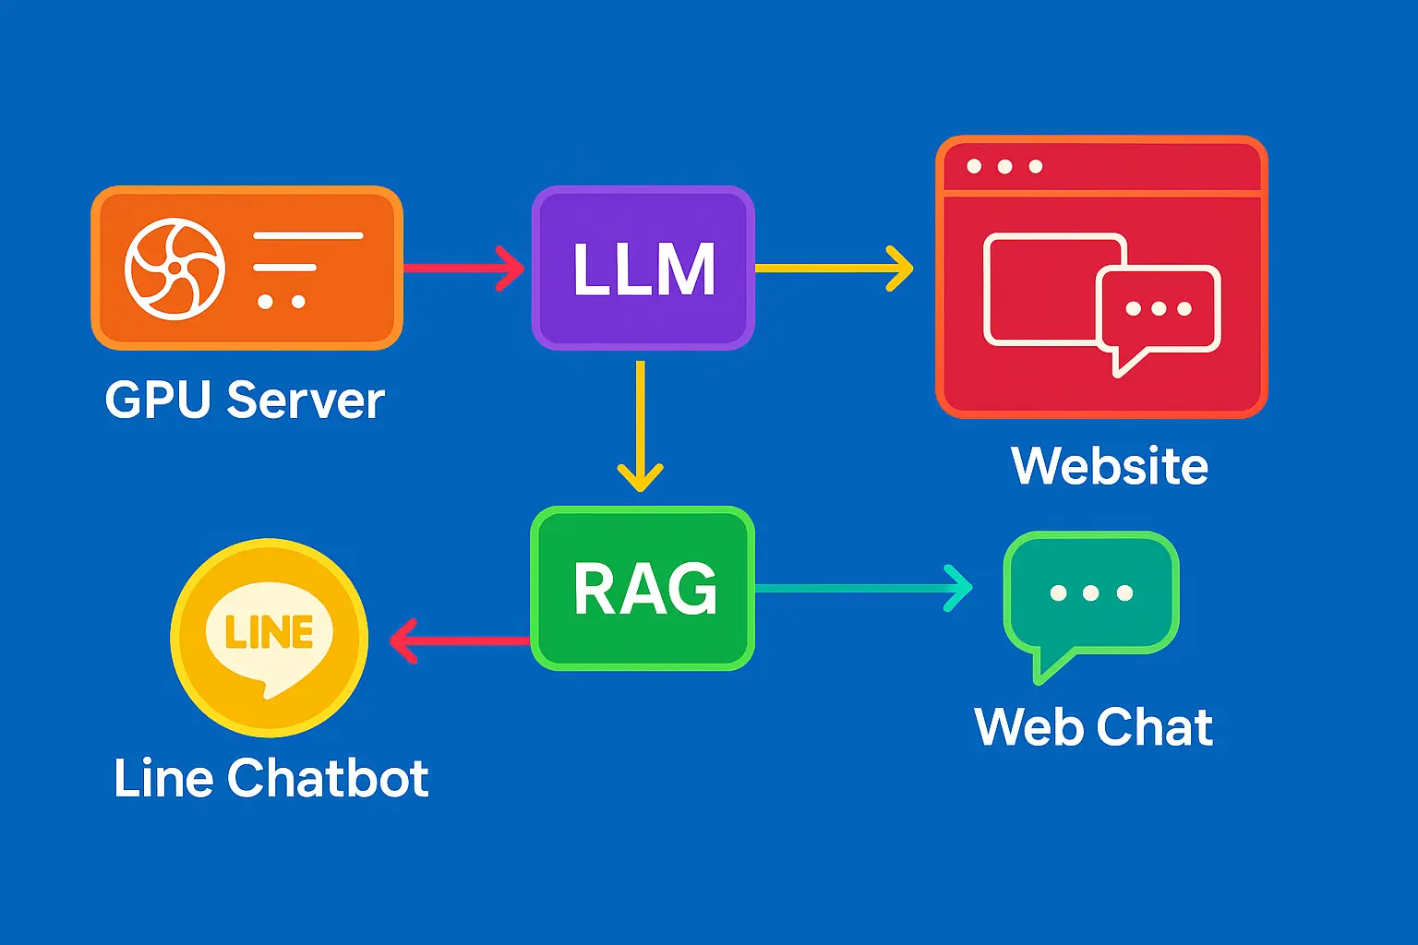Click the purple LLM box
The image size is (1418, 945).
pyautogui.click(x=643, y=269)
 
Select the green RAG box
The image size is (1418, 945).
pyautogui.click(x=643, y=589)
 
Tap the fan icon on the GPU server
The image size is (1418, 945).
pyautogui.click(x=174, y=269)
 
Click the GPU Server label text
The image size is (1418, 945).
pyautogui.click(x=245, y=401)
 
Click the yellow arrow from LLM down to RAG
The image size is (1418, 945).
pyautogui.click(x=640, y=425)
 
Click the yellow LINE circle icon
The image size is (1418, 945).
pyautogui.click(x=270, y=638)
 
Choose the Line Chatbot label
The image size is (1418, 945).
pyautogui.click(x=270, y=778)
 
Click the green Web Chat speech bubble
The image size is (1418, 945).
pyautogui.click(x=1090, y=595)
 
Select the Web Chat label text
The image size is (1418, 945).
pyautogui.click(x=1093, y=727)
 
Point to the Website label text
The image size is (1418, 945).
pyautogui.click(x=1110, y=466)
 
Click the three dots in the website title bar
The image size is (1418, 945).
pyautogui.click(x=1004, y=167)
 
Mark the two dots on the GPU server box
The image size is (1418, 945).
pyautogui.click(x=282, y=302)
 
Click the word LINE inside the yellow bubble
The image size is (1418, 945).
pyautogui.click(x=270, y=632)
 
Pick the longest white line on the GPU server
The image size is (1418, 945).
pyautogui.click(x=307, y=235)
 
